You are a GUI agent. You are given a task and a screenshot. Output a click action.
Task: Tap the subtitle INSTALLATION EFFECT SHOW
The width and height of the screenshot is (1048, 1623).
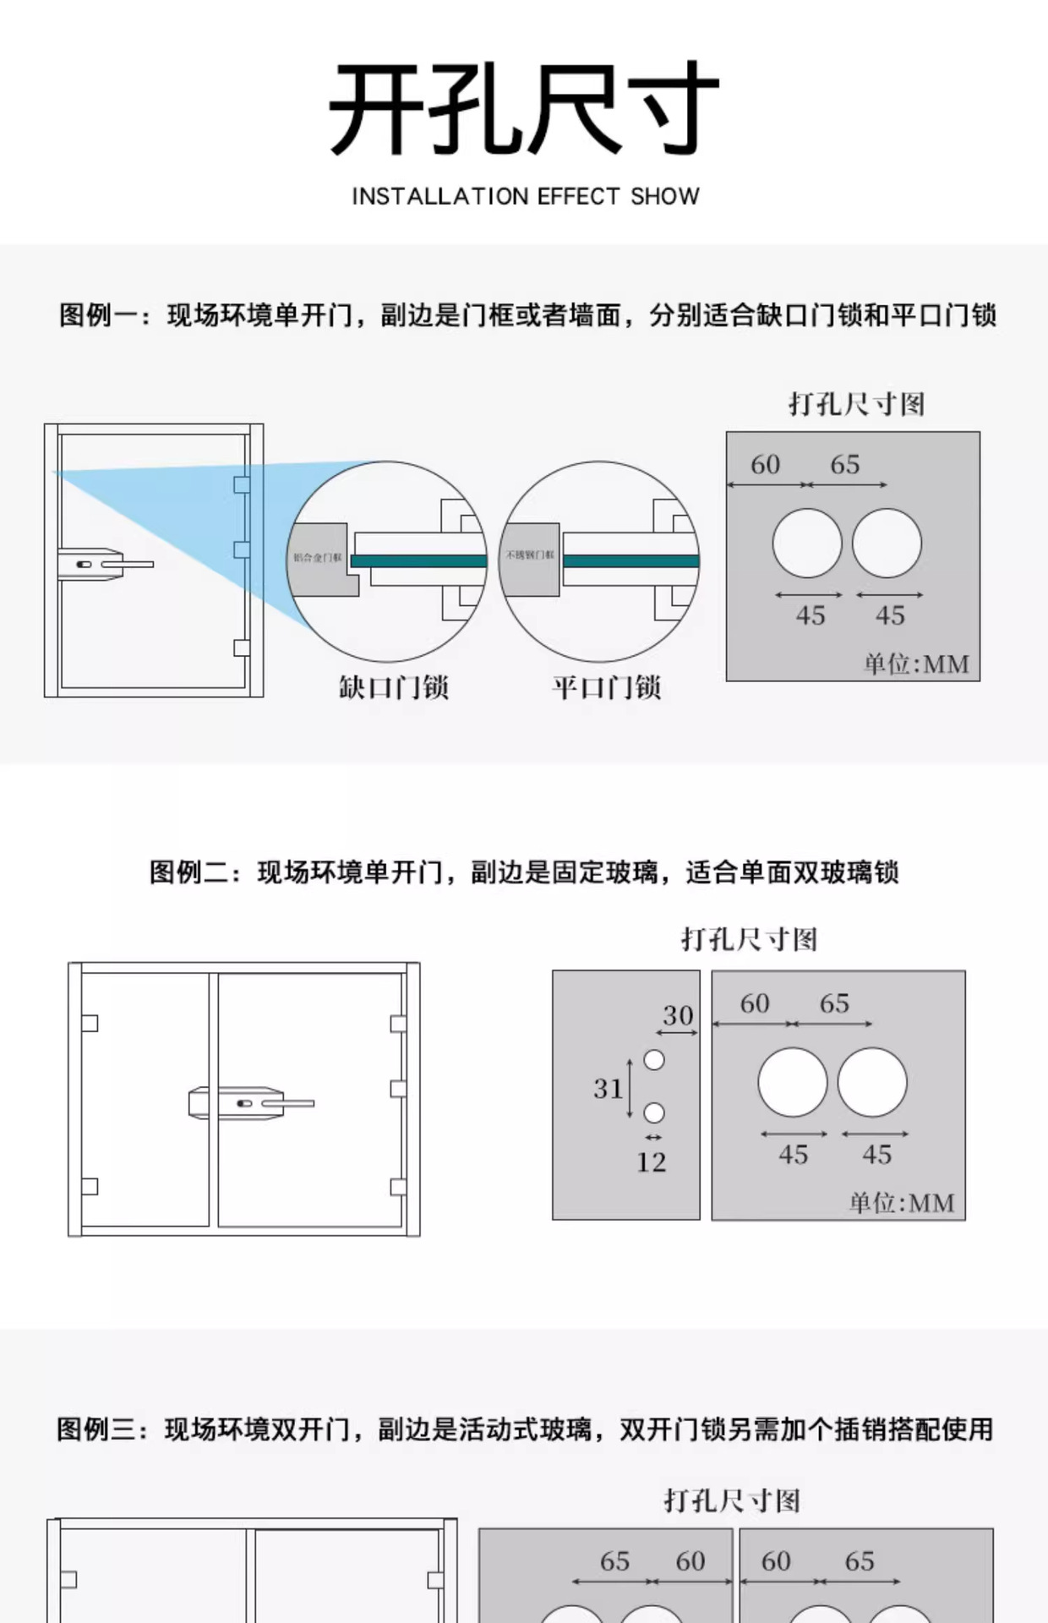tap(525, 197)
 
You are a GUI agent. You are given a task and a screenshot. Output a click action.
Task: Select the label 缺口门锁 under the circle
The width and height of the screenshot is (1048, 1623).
tap(394, 687)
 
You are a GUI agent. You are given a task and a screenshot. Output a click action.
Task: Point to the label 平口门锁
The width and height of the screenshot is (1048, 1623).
tap(607, 687)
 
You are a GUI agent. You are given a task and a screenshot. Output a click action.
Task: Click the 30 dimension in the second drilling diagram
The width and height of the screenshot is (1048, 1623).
tap(678, 1015)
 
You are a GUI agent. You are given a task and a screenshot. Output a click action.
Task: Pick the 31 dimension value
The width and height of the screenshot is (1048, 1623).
tap(608, 1089)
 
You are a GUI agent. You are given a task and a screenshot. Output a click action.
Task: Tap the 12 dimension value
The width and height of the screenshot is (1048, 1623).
tap(652, 1162)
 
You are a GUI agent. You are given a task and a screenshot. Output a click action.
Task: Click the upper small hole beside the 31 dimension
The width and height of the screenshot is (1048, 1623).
tap(654, 1060)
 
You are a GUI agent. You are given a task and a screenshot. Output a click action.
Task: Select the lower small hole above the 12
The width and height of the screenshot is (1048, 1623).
tap(654, 1113)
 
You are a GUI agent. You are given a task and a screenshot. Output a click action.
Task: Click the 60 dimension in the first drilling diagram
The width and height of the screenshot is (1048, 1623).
tap(765, 465)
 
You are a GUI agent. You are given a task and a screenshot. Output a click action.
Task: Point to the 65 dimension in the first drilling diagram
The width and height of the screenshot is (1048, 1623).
tap(844, 465)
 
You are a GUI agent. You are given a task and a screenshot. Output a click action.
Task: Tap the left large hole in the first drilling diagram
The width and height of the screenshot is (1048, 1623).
tap(807, 544)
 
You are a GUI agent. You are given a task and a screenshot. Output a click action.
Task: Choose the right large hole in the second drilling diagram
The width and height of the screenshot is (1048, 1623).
tap(872, 1083)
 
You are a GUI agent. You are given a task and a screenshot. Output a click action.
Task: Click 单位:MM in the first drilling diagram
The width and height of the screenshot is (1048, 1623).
tap(916, 664)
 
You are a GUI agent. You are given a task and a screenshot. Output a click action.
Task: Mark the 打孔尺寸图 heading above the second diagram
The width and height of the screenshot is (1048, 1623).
tap(749, 939)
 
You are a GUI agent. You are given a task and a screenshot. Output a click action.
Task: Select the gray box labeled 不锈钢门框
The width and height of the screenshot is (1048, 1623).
tap(529, 558)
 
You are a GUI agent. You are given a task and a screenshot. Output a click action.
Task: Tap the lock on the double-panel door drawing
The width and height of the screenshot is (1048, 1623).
tap(250, 1103)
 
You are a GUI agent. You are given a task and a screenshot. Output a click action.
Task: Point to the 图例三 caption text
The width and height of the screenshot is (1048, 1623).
tap(524, 1429)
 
